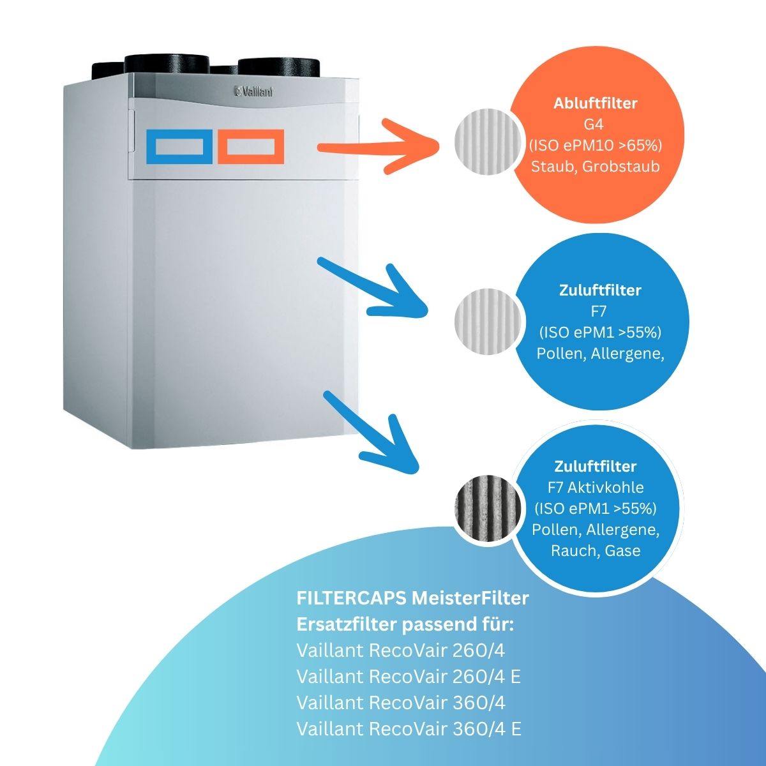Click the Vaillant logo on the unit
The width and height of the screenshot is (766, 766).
[253, 92]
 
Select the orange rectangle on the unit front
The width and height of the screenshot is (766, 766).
[251, 146]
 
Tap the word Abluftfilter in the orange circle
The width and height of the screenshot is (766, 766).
[595, 103]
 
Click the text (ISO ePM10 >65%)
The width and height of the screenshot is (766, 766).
[595, 146]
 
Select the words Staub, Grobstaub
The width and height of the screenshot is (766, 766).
[595, 167]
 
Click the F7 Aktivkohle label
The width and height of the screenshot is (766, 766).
[596, 488]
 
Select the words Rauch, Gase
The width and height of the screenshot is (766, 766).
[596, 550]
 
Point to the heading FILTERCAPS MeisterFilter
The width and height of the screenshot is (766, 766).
[412, 598]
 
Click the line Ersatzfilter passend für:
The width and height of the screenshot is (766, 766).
[405, 624]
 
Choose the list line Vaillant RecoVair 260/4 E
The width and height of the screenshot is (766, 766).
[409, 677]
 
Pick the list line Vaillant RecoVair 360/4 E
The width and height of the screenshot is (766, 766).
[409, 728]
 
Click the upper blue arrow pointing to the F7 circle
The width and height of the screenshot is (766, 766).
[373, 289]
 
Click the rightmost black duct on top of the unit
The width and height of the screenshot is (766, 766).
[278, 68]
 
